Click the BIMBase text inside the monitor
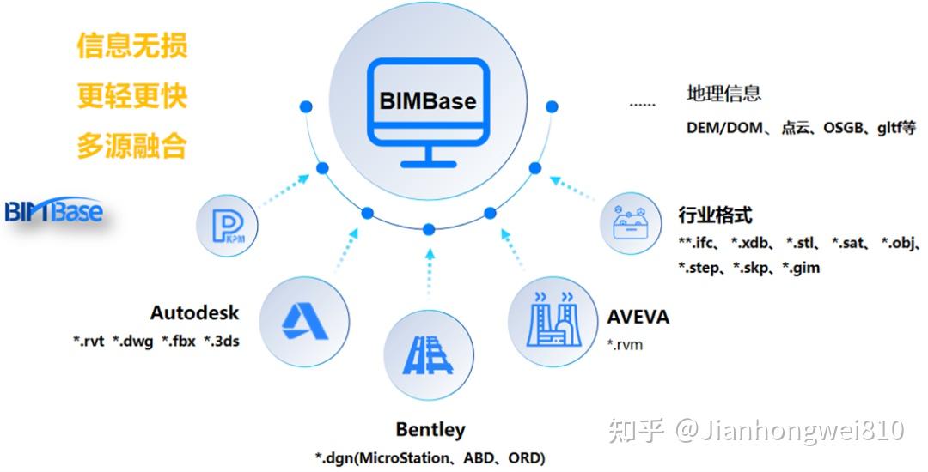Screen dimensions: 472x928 [427, 100]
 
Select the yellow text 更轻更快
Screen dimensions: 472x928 [132, 95]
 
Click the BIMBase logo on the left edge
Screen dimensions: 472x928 [53, 211]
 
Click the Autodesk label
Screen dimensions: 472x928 [195, 312]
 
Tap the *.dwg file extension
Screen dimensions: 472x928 [133, 342]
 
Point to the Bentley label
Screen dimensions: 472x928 [430, 429]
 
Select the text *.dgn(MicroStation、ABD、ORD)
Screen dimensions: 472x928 [430, 457]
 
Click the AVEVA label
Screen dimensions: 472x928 [638, 317]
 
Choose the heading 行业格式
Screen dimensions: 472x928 [715, 215]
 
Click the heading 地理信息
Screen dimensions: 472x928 [723, 94]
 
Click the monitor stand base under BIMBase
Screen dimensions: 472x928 [427, 163]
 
